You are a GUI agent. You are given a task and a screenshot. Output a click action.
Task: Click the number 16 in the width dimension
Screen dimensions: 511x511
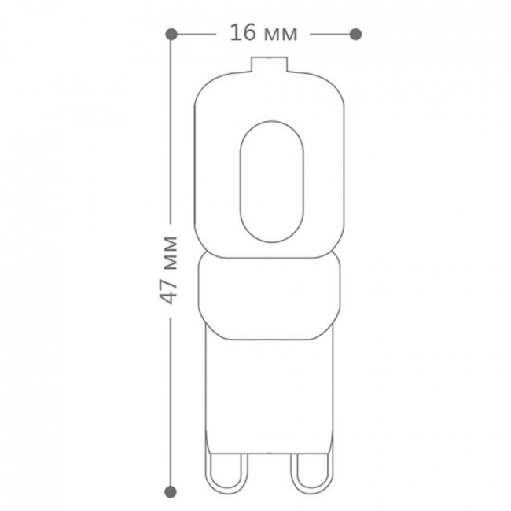pyautogui.click(x=243, y=32)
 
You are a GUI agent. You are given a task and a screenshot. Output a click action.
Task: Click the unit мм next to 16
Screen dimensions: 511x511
pyautogui.click(x=281, y=35)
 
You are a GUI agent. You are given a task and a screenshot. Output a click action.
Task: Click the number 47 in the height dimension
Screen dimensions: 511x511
pyautogui.click(x=170, y=292)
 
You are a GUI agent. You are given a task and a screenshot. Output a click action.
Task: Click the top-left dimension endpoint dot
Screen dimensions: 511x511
pyautogui.click(x=171, y=35)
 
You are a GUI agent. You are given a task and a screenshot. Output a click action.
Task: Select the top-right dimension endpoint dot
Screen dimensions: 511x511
pyautogui.click(x=355, y=35)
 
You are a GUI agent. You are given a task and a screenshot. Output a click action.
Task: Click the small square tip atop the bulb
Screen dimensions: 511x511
pyautogui.click(x=269, y=64)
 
